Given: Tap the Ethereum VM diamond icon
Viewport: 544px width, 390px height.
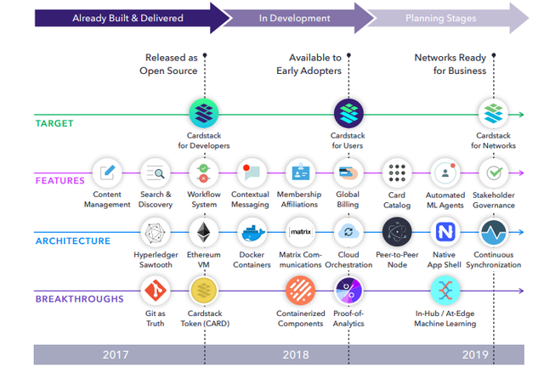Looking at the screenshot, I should tap(203, 232).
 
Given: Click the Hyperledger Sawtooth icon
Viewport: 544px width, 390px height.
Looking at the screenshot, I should tap(156, 232).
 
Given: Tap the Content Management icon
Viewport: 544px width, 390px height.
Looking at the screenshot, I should tap(107, 172).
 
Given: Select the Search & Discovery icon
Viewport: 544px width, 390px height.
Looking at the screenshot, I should tap(156, 173).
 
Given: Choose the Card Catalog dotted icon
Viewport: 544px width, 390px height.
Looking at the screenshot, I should tap(397, 172).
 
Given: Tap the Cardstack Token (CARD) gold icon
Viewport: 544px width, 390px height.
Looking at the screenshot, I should tap(203, 291).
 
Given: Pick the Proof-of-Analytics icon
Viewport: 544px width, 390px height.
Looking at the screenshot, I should tap(348, 291).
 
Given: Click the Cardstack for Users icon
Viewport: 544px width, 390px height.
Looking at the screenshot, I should tap(348, 112).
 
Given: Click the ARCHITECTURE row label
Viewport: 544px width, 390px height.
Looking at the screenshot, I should tap(73, 240).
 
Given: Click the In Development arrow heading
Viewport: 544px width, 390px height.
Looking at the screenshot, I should tap(294, 17).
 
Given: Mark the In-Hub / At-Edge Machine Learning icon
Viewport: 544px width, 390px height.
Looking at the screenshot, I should tap(445, 291).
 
